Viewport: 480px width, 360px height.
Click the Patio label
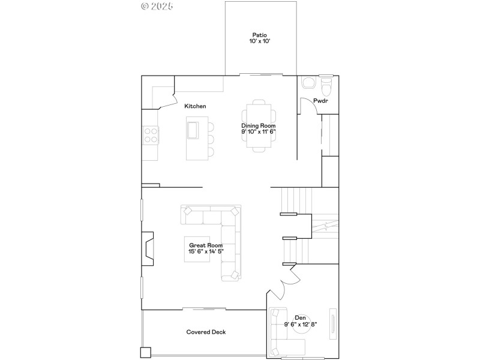coord(259,35)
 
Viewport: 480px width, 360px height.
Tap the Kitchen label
coord(195,106)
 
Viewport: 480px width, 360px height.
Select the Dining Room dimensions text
coord(258,131)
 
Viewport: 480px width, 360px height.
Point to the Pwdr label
coord(320,101)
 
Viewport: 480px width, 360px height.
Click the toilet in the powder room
coord(326,87)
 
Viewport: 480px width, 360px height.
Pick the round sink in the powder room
coord(308,83)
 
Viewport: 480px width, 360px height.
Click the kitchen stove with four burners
coord(150,135)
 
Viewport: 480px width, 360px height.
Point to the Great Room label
coord(206,245)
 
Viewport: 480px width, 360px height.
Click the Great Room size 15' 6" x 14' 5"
coord(206,252)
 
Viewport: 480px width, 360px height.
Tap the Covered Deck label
coord(206,332)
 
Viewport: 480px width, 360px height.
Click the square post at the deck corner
coord(145,352)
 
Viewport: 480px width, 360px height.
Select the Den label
coord(300,317)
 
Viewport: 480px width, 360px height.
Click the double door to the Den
coord(283,282)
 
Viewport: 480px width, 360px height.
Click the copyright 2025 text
coord(157,7)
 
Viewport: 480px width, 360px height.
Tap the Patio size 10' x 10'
coord(259,42)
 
